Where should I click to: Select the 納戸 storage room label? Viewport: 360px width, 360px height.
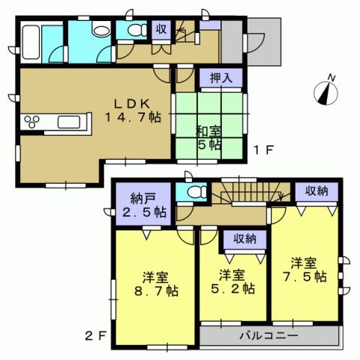[x=142, y=199]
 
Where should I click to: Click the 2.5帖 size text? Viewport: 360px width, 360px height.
[x=142, y=213]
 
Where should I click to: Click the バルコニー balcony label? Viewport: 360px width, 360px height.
[x=269, y=334]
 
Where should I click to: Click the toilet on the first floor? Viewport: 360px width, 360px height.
[x=136, y=31]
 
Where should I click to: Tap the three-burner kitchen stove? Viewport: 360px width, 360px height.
[x=34, y=121]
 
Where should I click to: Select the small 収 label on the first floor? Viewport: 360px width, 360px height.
[x=160, y=29]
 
